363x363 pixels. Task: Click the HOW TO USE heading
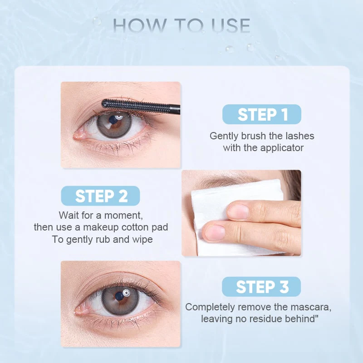[181, 25]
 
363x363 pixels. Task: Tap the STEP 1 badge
[262, 114]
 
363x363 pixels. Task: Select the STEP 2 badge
[101, 196]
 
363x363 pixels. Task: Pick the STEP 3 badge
[262, 287]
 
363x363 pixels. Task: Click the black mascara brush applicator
[136, 105]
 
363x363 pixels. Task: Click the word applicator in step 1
[281, 147]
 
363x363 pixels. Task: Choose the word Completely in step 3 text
[208, 307]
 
